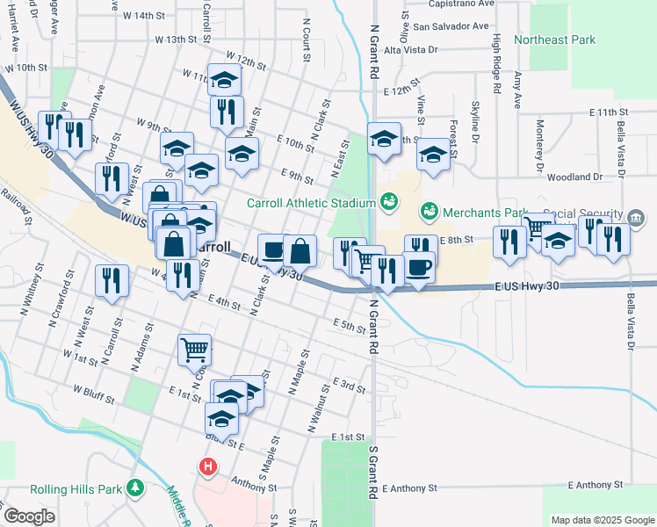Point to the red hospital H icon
tap(208, 466)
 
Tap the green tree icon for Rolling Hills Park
tap(135, 487)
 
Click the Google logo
tap(29, 517)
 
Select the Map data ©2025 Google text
tap(602, 520)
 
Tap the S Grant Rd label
tap(372, 473)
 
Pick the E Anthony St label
tap(596, 484)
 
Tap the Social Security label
tap(583, 214)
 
